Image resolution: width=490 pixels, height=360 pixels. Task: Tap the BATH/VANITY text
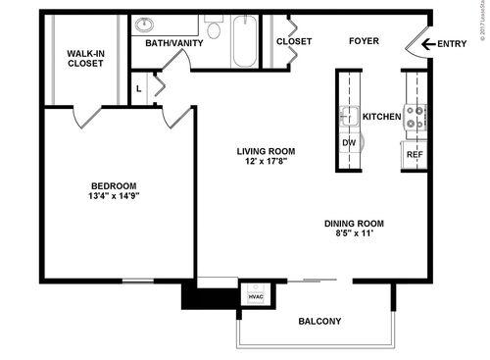pos(173,42)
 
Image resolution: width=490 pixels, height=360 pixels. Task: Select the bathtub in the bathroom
pos(244,40)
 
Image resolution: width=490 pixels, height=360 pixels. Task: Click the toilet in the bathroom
pos(215,29)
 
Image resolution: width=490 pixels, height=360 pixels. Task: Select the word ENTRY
pos(451,42)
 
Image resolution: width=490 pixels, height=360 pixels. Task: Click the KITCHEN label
pos(381,117)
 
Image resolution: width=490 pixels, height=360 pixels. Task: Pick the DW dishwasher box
pos(348,142)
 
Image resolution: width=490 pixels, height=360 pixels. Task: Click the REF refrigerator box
pos(415,154)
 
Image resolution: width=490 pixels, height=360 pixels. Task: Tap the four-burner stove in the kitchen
pos(416,118)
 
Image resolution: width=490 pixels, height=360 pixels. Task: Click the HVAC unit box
pos(254,295)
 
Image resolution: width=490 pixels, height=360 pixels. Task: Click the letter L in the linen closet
pos(140,88)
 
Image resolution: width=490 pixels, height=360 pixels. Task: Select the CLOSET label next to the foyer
pos(293,41)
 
